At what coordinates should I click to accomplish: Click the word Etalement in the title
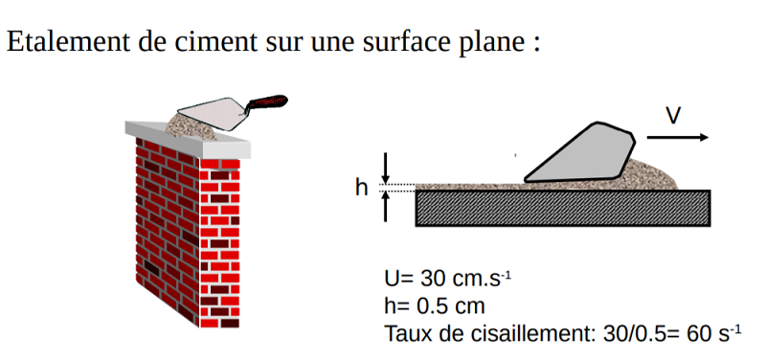[x=68, y=41]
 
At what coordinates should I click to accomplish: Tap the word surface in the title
[x=404, y=41]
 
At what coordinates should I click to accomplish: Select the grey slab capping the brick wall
[x=188, y=140]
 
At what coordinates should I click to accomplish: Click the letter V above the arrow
[x=673, y=115]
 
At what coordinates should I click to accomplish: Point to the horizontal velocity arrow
[x=678, y=138]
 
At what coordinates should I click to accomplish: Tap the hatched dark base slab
[x=563, y=208]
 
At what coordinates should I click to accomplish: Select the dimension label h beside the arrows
[x=362, y=188]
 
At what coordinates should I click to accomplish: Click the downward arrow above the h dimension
[x=386, y=169]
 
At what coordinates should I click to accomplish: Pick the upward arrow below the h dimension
[x=386, y=207]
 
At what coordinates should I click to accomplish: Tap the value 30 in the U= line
[x=430, y=279]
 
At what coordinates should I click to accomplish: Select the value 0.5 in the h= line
[x=430, y=306]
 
